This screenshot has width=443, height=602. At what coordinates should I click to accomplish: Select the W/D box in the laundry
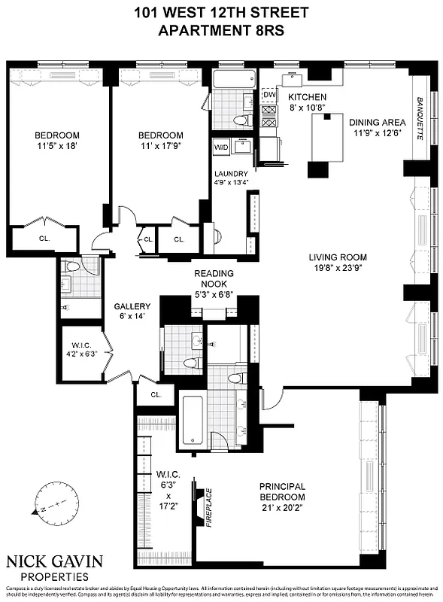[221, 147]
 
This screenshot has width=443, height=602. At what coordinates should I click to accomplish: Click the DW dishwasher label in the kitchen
[269, 94]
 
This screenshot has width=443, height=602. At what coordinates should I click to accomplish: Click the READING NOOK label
[214, 278]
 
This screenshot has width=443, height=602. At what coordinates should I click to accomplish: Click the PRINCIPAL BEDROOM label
[282, 492]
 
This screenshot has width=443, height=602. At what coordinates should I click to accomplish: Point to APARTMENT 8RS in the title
[221, 30]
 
